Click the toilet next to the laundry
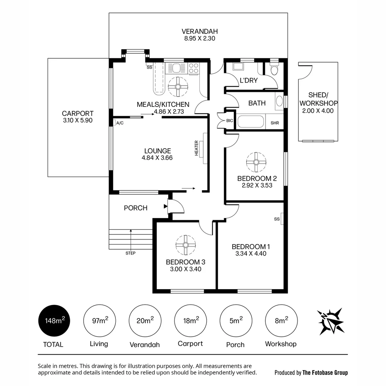274,69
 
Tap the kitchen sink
176,68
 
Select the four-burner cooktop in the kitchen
193,68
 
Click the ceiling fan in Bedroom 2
256,162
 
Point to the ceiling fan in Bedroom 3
185,245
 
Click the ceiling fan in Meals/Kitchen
178,86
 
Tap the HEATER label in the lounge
197,148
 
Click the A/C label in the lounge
120,123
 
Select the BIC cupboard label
229,121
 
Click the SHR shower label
275,123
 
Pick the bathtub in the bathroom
251,122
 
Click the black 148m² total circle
54,321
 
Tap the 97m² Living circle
100,321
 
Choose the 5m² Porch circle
236,321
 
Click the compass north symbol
330,321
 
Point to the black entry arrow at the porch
166,206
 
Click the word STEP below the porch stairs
130,253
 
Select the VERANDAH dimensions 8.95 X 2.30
200,38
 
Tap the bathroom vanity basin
279,101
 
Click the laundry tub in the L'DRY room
238,66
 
